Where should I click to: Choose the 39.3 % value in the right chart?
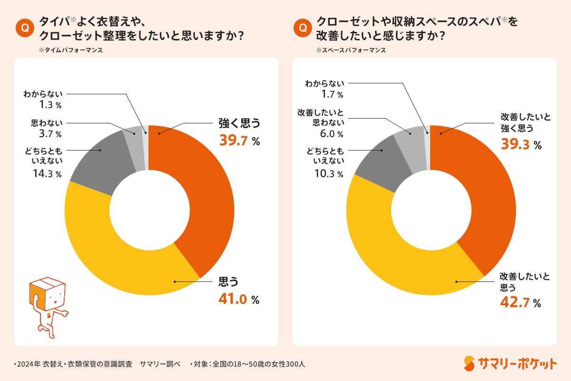521,145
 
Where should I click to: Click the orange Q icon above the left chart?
24,28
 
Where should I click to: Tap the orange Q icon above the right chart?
302,28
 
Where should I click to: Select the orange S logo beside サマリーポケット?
470,364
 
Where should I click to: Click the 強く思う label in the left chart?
240,123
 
